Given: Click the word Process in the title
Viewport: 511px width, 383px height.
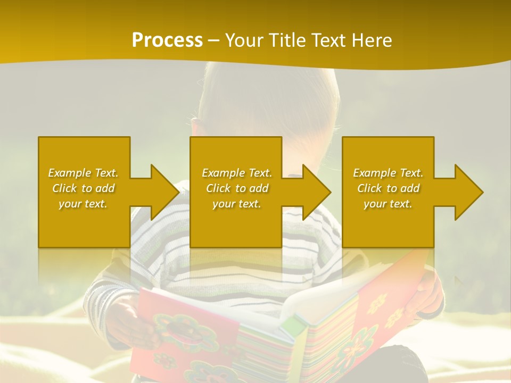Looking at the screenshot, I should [167, 40].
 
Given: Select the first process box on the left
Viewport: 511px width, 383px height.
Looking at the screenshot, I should [84, 154].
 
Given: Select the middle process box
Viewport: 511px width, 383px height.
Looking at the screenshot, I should [236, 154].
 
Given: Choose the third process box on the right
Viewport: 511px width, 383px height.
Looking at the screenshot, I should [388, 154].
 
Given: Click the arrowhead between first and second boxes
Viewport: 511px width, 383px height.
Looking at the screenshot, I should [163, 192].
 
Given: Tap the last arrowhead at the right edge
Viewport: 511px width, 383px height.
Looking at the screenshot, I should [467, 192].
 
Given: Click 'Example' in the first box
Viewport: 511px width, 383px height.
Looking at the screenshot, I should [70, 173].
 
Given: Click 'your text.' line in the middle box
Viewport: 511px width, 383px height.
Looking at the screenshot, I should [236, 204].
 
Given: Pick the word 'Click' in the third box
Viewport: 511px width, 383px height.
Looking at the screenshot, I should [369, 188].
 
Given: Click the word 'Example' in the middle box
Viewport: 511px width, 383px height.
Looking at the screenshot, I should [224, 173].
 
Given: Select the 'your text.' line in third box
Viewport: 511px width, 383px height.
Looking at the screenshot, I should [388, 204].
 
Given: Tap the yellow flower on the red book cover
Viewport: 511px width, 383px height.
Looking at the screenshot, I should [376, 303].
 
